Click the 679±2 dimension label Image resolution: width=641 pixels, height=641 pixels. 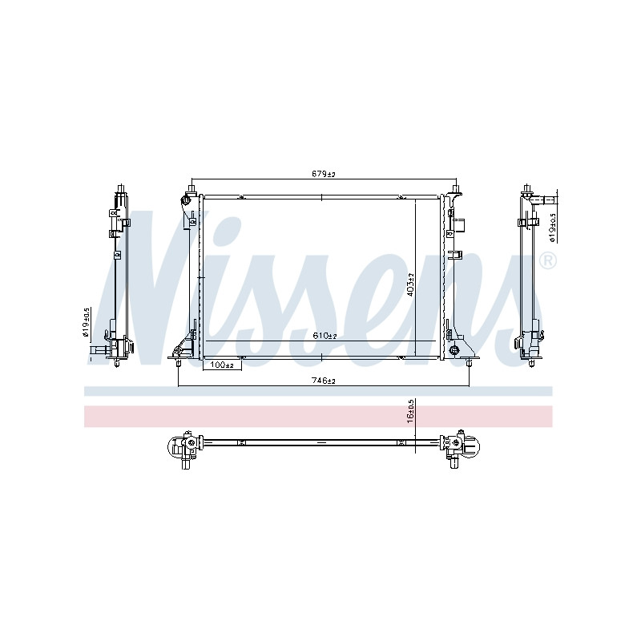point(324,174)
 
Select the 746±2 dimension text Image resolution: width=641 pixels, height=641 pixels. point(324,381)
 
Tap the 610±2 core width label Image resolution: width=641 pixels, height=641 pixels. point(325,336)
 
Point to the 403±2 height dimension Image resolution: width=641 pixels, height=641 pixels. point(410,284)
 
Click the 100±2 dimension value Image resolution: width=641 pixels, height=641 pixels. point(221,365)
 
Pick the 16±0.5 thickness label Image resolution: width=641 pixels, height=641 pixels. point(410,411)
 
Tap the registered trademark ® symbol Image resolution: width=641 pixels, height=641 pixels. point(548,261)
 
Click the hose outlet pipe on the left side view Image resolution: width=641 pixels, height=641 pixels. point(98,350)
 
